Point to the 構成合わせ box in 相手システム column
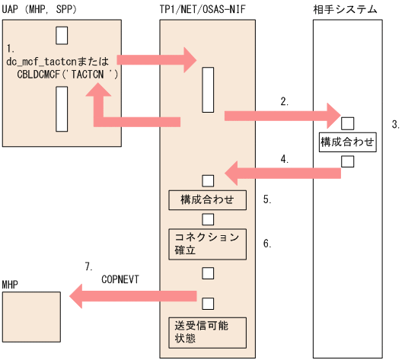pyautogui.click(x=347, y=142)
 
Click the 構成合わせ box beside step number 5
pyautogui.click(x=208, y=200)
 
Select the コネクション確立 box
pyautogui.click(x=208, y=243)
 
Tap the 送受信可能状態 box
pyautogui.click(x=208, y=331)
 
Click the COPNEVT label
pyautogui.click(x=122, y=280)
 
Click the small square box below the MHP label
pyautogui.click(x=30, y=314)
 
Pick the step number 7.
pyautogui.click(x=89, y=266)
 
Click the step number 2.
pyautogui.click(x=283, y=100)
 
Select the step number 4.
pyautogui.click(x=284, y=159)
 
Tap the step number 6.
pyautogui.click(x=266, y=244)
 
